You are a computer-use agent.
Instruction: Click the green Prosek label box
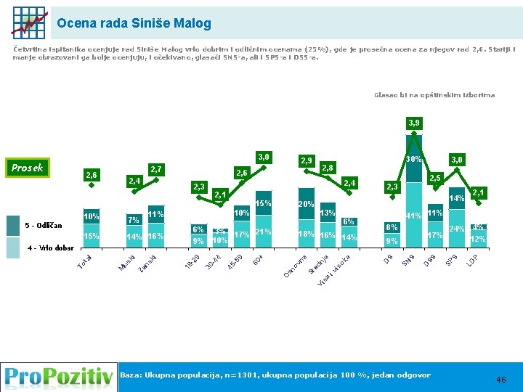click(x=28, y=168)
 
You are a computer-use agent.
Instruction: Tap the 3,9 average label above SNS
click(x=413, y=123)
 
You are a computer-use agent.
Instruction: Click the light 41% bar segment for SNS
click(x=413, y=218)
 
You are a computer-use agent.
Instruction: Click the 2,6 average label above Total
click(x=92, y=175)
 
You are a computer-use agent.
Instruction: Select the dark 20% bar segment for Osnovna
click(x=306, y=206)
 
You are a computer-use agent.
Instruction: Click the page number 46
click(x=500, y=380)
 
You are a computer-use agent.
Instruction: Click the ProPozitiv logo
click(x=58, y=377)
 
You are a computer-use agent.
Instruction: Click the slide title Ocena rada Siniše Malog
click(x=134, y=23)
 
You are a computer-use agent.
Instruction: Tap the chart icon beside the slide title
click(x=28, y=23)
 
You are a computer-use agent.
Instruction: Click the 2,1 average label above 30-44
click(x=219, y=195)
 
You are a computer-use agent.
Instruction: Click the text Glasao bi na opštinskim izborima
click(x=434, y=95)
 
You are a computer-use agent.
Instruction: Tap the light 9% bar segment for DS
click(x=392, y=241)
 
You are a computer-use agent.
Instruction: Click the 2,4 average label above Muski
click(x=134, y=181)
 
